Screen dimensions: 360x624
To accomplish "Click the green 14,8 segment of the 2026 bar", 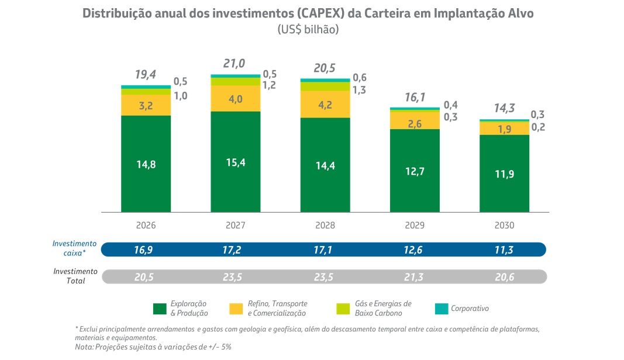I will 146,164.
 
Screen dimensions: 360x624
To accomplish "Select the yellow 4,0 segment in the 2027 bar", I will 235,99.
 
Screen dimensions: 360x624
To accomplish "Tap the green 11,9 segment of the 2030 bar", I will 504,174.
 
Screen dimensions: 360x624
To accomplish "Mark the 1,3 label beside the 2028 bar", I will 359,90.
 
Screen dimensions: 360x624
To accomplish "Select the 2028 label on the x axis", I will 325,225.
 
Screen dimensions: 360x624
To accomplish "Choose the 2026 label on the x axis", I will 146,225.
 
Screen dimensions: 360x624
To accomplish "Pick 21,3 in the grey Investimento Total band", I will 414,276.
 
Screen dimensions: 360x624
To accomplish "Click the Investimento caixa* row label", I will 75,248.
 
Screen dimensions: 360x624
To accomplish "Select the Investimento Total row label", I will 75,276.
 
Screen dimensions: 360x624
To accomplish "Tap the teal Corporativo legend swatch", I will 442,309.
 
